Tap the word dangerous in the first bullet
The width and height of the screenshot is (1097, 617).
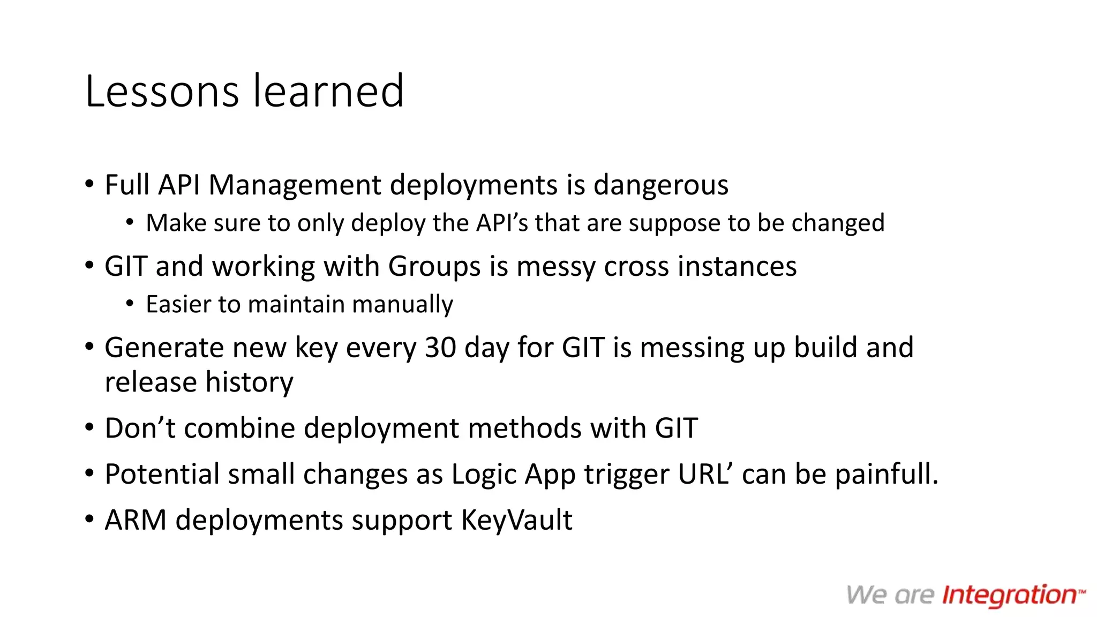click(x=661, y=185)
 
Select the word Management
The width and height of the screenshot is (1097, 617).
click(x=295, y=185)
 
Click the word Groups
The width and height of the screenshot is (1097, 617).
click(x=434, y=267)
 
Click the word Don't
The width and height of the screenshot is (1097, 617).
click(x=140, y=428)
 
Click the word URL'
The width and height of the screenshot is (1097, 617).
click(x=705, y=475)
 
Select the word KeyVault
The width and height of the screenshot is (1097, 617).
click(x=516, y=521)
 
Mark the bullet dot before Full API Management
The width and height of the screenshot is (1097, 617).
click(x=89, y=185)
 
